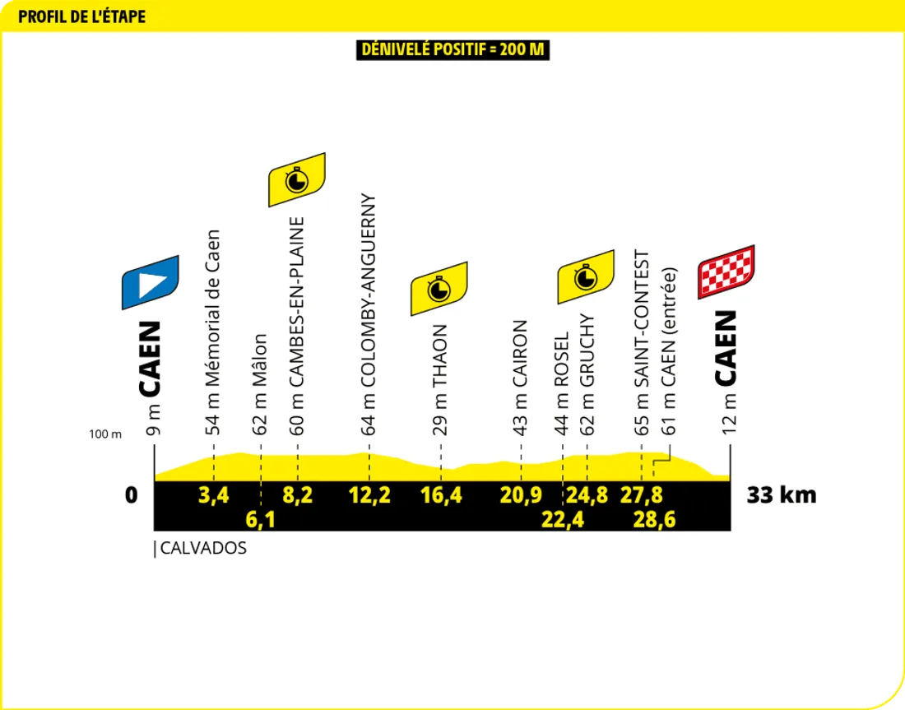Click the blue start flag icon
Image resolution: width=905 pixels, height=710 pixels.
coord(151,282)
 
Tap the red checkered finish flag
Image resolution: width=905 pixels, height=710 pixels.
coord(726,271)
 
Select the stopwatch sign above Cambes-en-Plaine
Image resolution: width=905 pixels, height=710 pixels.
coord(297,179)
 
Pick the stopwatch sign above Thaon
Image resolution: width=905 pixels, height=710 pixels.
coord(439,289)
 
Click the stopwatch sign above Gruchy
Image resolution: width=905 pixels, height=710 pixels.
coord(586,276)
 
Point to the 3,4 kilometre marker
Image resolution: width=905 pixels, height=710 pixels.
coord(213,495)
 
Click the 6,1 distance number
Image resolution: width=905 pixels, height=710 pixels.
coord(260,519)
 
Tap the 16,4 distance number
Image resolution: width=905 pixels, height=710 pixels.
coord(441,495)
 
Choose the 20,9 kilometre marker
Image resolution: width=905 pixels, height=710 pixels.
coord(520,495)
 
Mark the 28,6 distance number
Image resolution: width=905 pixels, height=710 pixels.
coord(655,519)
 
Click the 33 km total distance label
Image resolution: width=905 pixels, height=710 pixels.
coord(782,495)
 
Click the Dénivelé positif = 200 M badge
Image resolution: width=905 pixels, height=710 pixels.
coord(452,49)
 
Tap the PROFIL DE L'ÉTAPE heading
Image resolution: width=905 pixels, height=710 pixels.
coord(81,16)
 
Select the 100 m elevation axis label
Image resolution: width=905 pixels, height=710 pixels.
coord(105,434)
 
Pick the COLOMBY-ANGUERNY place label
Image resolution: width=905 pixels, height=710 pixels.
coord(369,313)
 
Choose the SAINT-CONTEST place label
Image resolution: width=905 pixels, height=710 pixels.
coord(643,330)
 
